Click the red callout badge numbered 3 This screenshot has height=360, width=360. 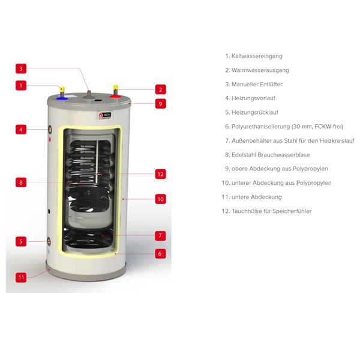(21, 68)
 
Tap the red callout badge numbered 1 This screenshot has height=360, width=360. (21, 85)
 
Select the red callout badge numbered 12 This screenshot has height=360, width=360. (160, 174)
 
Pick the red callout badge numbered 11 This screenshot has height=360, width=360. (21, 277)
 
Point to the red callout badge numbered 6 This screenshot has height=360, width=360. (160, 253)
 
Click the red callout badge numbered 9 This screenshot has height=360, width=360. (160, 104)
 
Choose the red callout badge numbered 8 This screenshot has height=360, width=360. (21, 182)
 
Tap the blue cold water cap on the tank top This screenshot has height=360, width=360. (62, 99)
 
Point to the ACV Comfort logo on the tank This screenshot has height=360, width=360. (104, 116)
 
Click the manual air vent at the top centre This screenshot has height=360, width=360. (89, 95)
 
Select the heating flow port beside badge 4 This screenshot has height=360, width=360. (50, 130)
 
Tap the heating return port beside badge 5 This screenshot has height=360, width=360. (49, 241)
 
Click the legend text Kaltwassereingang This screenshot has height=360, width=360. (257, 56)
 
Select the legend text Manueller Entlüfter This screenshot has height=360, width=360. (257, 84)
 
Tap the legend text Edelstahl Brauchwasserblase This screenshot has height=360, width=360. (271, 155)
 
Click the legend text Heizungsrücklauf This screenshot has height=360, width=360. (255, 112)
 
